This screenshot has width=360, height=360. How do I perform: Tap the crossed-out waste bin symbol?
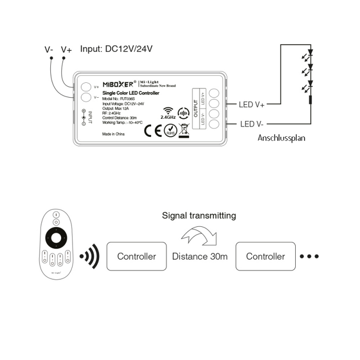(184, 129)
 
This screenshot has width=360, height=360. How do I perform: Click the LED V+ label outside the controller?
(252, 105)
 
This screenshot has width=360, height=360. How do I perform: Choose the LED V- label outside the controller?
(252, 123)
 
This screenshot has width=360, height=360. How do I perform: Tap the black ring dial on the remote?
(56, 237)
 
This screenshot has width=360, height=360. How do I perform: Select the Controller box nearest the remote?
(136, 256)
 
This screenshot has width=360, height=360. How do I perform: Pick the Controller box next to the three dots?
(265, 256)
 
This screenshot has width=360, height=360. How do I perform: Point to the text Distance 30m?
(200, 256)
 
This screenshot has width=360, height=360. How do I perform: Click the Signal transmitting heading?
(199, 215)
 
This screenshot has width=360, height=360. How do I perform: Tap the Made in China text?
(113, 134)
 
